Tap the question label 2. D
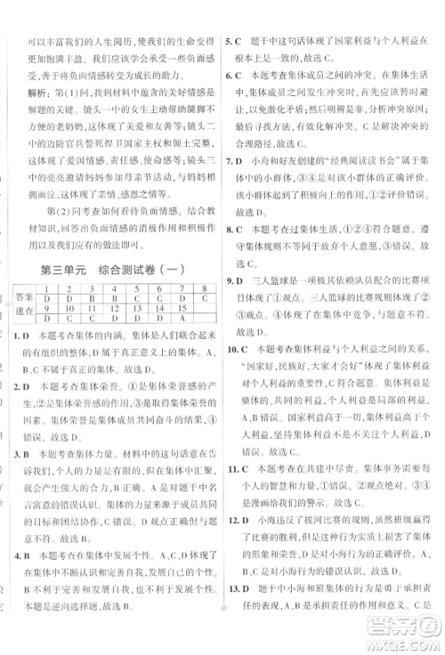click(25, 388)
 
